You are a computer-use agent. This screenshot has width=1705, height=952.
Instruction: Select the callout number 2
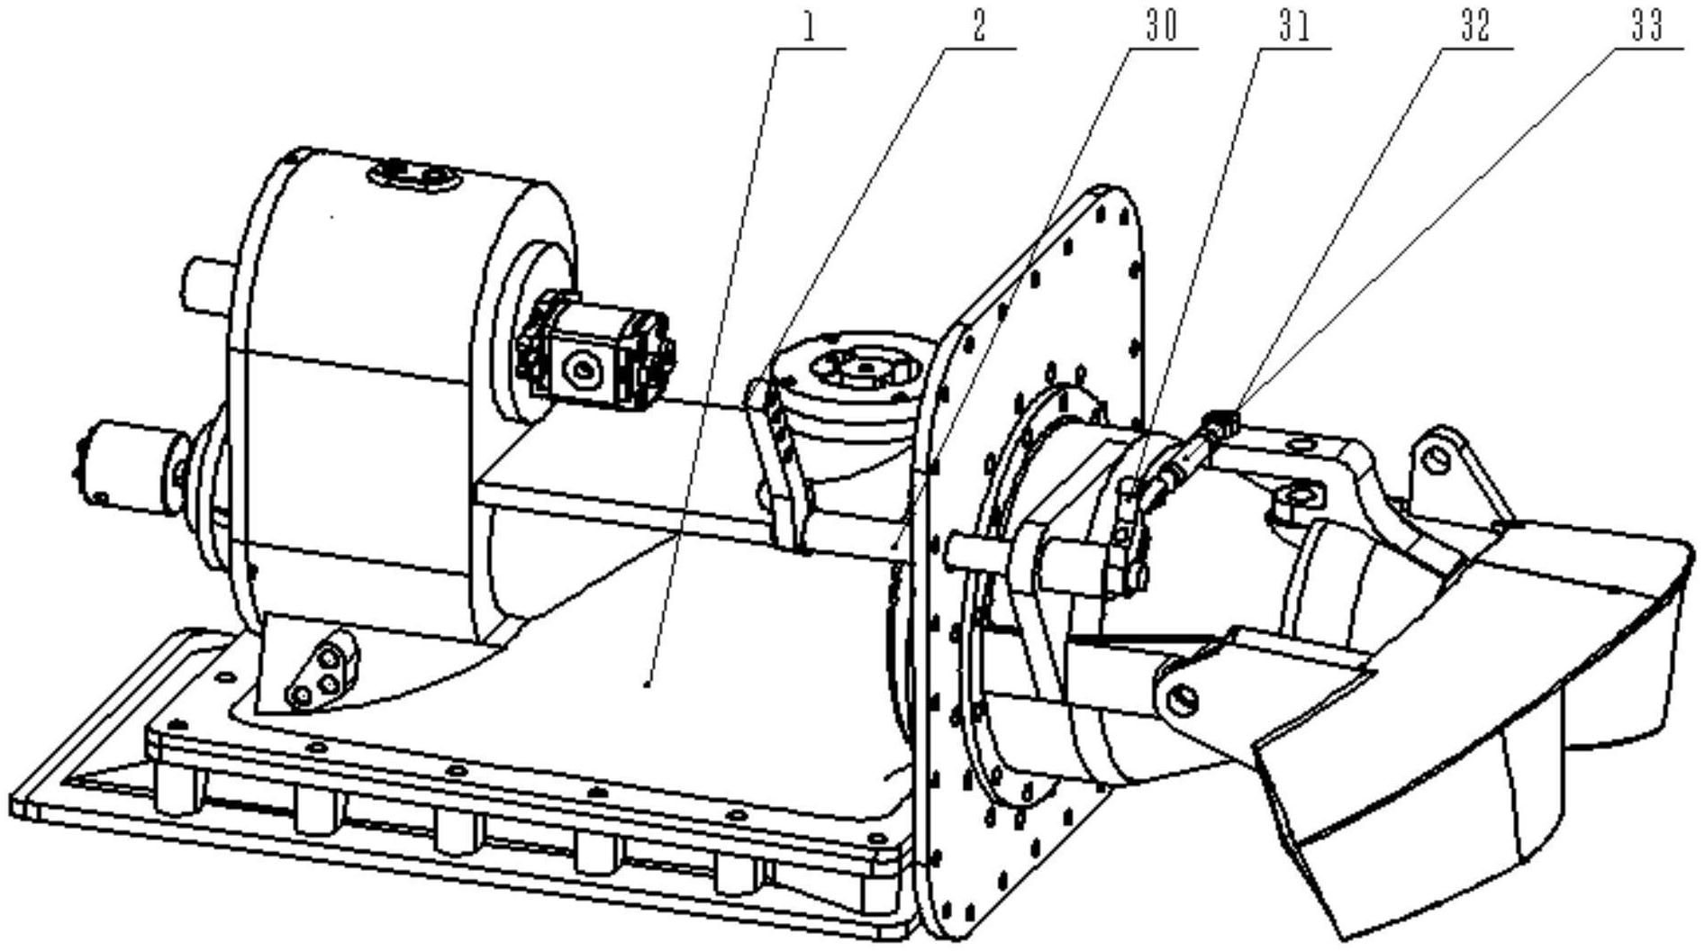[978, 26]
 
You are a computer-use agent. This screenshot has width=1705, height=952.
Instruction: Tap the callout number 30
[1160, 26]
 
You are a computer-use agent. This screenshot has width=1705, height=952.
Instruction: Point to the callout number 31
[1294, 26]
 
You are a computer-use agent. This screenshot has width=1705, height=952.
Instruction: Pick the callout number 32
[1474, 26]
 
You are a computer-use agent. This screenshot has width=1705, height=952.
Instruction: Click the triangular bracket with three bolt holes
[307, 667]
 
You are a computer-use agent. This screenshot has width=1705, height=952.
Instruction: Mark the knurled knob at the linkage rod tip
[1221, 418]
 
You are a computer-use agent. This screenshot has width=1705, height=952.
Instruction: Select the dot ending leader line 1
[648, 685]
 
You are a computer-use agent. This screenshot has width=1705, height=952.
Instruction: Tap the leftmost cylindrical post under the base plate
[175, 788]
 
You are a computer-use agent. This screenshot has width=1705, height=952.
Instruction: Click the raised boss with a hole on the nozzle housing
[1297, 495]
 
